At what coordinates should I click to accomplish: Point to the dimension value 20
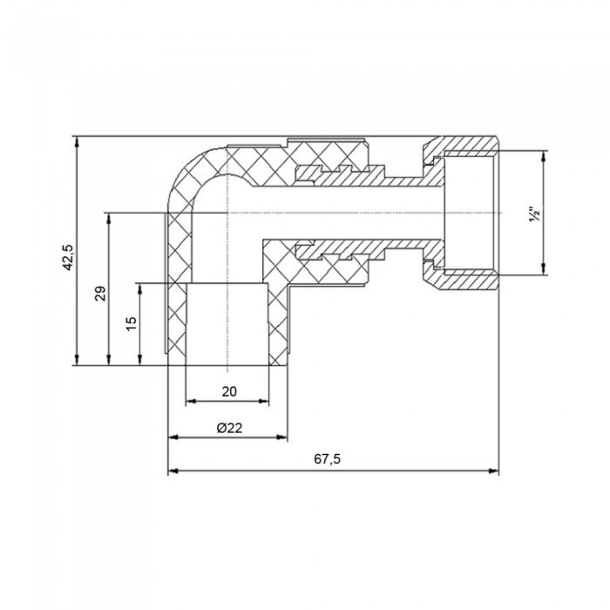(228, 391)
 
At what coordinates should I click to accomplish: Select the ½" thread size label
(536, 213)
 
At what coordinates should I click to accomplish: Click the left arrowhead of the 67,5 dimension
(172, 471)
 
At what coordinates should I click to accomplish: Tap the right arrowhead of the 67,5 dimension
(494, 471)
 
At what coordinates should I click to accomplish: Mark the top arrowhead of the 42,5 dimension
(78, 140)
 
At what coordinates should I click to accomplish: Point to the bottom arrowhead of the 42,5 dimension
(78, 360)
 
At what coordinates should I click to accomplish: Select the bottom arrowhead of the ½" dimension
(546, 270)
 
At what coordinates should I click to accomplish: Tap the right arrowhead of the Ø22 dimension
(283, 437)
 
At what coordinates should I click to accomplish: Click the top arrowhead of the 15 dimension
(139, 287)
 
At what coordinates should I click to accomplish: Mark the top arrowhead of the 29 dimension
(109, 216)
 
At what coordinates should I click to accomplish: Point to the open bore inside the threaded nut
(471, 213)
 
